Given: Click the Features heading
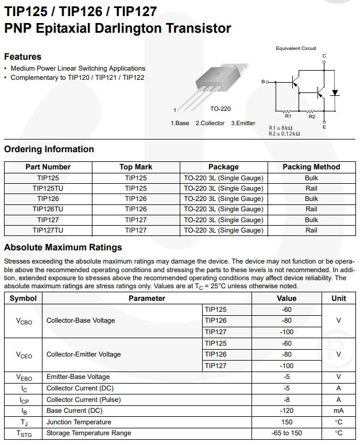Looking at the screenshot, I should [23, 57].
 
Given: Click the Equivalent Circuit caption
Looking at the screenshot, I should [296, 48].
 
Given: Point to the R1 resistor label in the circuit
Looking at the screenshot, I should [288, 116].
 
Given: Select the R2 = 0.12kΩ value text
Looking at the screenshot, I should [285, 133].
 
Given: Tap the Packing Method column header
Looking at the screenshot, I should [311, 167].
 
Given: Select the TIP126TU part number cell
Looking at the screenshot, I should [48, 209].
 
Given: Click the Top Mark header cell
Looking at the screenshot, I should [136, 167].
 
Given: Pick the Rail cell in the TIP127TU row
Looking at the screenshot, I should [311, 230].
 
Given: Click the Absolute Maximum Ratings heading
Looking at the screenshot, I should [63, 247].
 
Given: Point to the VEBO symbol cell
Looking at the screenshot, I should [24, 377].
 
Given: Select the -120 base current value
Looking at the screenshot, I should [287, 411].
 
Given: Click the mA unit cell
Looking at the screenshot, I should [339, 411].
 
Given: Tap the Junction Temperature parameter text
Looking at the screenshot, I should [79, 422].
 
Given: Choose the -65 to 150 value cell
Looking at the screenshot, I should [287, 433].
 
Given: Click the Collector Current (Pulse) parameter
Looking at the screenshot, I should [83, 400].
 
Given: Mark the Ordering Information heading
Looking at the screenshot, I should [49, 149].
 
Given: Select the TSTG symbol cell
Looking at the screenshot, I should [24, 433].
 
